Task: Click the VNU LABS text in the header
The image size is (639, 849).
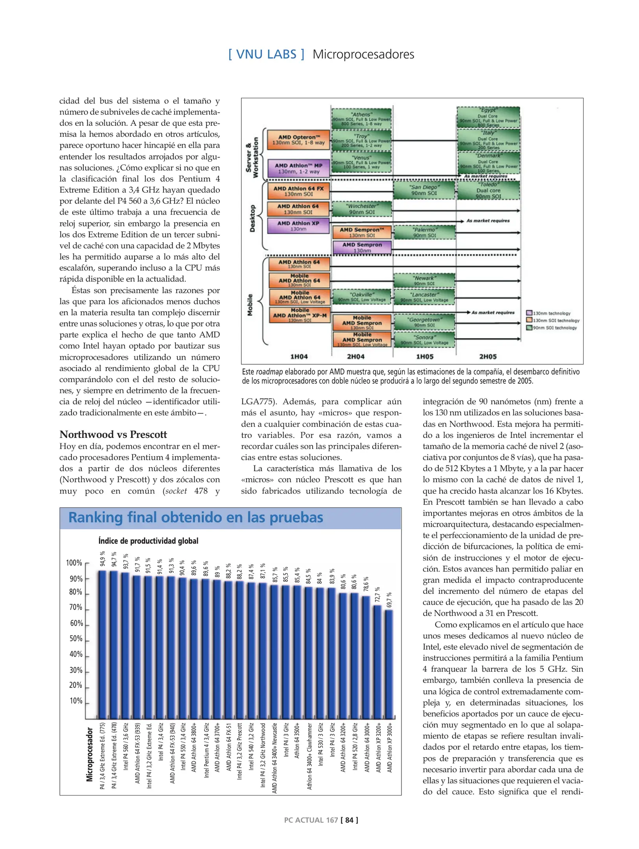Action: pos(266,54)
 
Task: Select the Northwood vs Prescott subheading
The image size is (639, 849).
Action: pos(113,434)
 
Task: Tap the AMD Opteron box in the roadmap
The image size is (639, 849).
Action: pos(298,140)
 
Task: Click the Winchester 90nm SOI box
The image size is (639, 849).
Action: pos(362,209)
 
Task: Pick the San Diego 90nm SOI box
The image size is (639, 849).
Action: pos(424,190)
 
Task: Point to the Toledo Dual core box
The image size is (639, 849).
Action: pos(488,190)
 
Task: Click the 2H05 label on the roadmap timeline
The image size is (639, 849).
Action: pos(488,357)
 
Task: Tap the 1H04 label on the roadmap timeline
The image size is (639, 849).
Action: pos(299,357)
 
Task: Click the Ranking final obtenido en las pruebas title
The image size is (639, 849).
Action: pos(195,517)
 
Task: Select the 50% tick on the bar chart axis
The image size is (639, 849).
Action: pos(76,639)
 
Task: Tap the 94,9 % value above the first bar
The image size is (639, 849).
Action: pos(102,558)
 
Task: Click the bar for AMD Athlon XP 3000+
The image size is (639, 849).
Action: pos(389,664)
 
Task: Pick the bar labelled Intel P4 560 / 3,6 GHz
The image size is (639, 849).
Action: pos(125,645)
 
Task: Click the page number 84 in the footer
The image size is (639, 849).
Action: pos(349,820)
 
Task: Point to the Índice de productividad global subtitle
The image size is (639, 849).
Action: pos(148,541)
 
